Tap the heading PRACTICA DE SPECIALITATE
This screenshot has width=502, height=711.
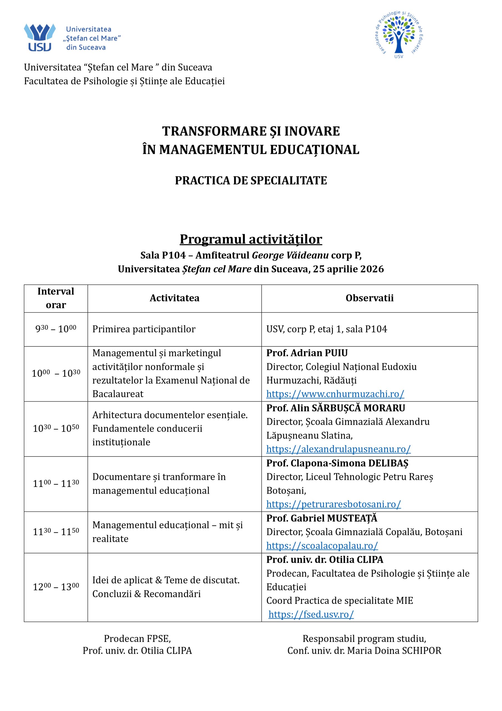coord(251,181)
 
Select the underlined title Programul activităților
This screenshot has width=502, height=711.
coord(251,239)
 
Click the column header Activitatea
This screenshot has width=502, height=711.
coord(174,298)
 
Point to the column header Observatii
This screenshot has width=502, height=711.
coord(369,298)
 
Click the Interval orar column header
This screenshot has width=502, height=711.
coord(56,298)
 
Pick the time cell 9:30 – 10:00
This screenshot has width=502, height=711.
coord(56,329)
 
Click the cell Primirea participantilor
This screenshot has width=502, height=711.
coord(144,329)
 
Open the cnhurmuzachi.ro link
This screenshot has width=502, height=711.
coord(335,394)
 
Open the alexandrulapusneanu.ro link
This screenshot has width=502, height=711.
coord(338,449)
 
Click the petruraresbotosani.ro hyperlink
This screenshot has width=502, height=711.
coord(333,504)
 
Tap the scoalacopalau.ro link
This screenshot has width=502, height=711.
coord(322,546)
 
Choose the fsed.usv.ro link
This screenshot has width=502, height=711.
coord(311,614)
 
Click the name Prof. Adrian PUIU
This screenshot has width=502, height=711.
coord(307,353)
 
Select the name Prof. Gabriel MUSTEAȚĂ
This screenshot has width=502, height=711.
coord(322,518)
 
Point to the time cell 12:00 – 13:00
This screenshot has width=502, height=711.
coord(56,587)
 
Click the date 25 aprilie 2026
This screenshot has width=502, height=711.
coord(348,269)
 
